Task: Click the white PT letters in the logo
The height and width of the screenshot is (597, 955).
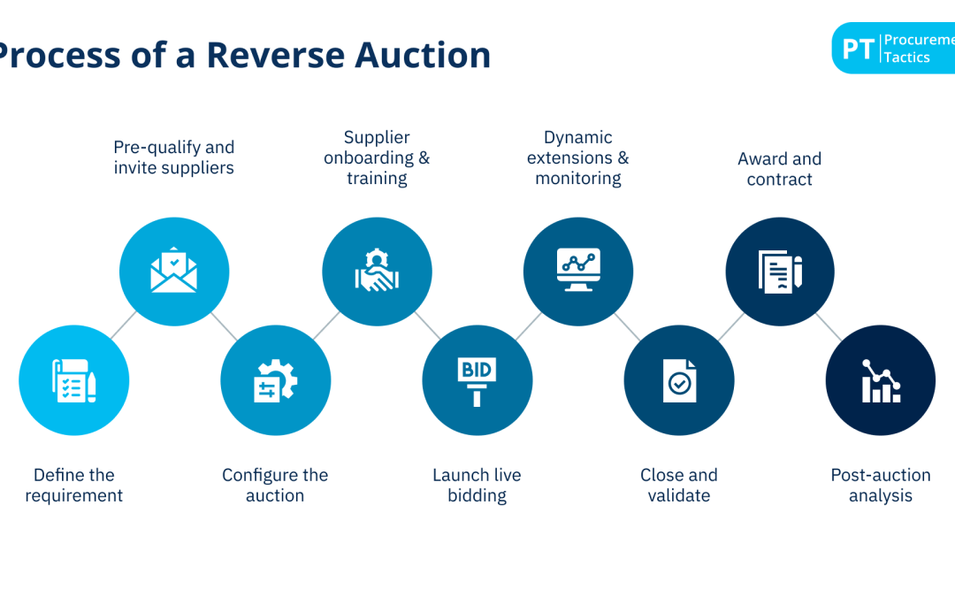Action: pos(858,49)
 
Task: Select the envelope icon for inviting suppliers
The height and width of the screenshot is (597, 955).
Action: pos(174,271)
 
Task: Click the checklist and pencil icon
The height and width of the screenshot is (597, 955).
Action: pos(73,380)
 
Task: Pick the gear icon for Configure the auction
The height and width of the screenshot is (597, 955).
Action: pos(275,380)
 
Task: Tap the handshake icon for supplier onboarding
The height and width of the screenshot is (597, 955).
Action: pos(377,271)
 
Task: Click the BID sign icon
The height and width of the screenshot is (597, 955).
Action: pos(477,380)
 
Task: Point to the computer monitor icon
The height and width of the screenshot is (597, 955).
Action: pos(578,271)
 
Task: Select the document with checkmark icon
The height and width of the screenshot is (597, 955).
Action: pos(679,380)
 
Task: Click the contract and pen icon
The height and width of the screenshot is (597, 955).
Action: pos(780,271)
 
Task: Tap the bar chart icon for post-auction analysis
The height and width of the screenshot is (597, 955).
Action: pos(881,380)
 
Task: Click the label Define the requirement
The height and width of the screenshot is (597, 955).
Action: pos(73,486)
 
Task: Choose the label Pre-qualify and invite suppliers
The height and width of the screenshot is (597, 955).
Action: pos(174,157)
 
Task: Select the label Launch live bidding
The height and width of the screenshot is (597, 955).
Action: pos(477,486)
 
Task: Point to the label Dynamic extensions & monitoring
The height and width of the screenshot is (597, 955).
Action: pos(578,157)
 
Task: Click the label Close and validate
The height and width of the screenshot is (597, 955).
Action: pos(679,486)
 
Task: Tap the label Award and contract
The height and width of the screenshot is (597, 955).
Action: pos(780,168)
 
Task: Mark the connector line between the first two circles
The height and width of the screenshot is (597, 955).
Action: pos(123,325)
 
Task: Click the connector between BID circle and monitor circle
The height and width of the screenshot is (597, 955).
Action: pos(528,325)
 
